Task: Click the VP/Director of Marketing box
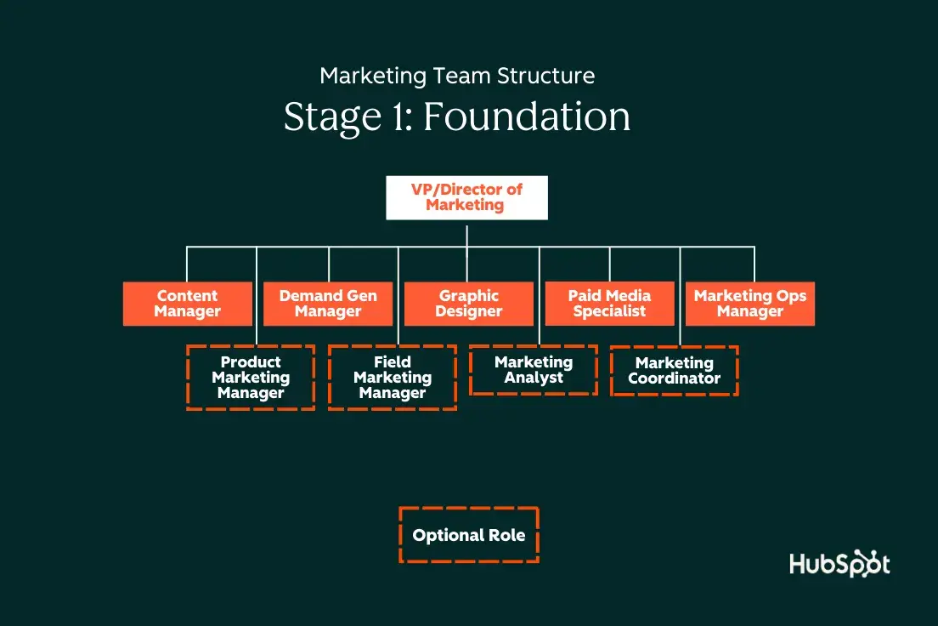point(466,198)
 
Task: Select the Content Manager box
point(188,304)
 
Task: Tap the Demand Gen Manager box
point(328,304)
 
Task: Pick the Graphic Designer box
point(469,304)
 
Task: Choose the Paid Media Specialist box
point(609,304)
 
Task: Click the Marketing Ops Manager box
point(750,304)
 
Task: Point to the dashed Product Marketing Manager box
point(251,378)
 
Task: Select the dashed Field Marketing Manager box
point(392,378)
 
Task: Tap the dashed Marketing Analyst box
point(534,370)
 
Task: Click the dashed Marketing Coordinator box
point(675,371)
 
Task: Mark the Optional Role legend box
point(469,535)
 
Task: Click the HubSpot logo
point(839,565)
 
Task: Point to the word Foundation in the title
point(527,117)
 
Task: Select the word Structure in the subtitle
point(550,76)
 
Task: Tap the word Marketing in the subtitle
point(372,76)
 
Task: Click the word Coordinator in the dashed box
point(675,378)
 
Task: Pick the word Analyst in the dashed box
point(534,378)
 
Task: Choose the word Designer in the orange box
point(469,311)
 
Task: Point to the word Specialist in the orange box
point(609,311)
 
